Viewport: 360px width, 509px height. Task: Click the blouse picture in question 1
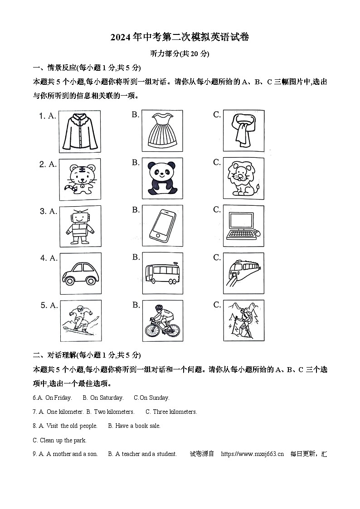[x=80, y=131]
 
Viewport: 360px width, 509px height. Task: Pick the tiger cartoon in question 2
[x=80, y=179]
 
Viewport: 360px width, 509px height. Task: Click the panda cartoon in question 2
[x=162, y=179]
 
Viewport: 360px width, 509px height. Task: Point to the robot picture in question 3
[x=80, y=226]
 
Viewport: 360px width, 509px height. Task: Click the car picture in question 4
[x=80, y=273]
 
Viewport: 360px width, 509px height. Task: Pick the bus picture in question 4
[x=162, y=273]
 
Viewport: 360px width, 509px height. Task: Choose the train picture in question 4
[x=243, y=273]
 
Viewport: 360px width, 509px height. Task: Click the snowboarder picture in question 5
[x=80, y=321]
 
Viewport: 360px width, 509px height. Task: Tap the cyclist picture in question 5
[x=162, y=321]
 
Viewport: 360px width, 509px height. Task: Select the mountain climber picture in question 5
[x=243, y=321]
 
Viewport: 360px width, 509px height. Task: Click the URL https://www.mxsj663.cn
[x=252, y=454]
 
